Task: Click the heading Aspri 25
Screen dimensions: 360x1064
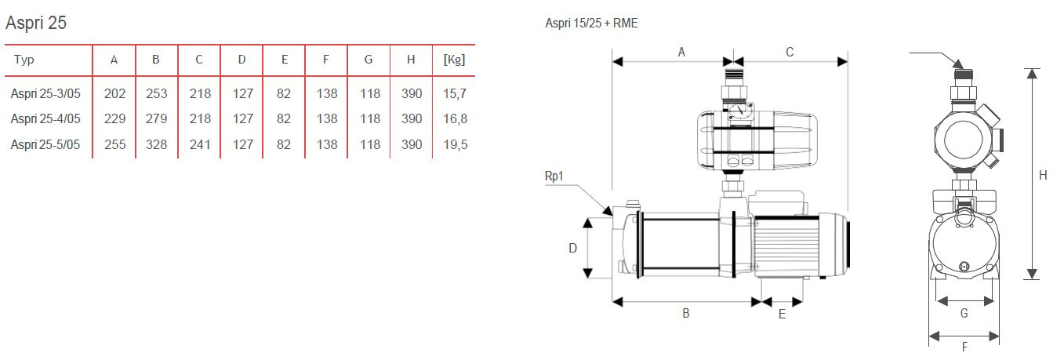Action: point(36,23)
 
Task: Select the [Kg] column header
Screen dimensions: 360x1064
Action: point(454,60)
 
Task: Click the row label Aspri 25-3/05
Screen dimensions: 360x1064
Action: point(46,94)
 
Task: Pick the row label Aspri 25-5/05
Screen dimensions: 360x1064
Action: point(46,145)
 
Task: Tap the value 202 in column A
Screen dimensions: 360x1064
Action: point(114,94)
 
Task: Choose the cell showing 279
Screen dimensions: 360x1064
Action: point(157,119)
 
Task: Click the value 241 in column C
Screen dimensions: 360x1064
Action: point(199,145)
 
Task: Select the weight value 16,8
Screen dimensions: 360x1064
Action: point(454,119)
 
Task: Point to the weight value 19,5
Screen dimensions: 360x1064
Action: point(454,145)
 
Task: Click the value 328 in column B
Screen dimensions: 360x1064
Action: point(157,145)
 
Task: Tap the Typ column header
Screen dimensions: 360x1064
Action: point(24,60)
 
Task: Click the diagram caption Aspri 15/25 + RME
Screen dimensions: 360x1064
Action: point(591,24)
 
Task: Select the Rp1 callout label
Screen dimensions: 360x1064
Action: point(554,176)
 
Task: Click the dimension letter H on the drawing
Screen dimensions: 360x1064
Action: point(1043,176)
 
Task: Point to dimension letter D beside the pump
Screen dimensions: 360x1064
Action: point(572,248)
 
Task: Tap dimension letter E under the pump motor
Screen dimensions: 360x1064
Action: point(782,314)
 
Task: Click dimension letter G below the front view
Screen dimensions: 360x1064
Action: point(964,313)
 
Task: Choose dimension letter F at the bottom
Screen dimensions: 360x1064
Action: point(964,347)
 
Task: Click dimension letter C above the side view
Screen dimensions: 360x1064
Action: point(790,53)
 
